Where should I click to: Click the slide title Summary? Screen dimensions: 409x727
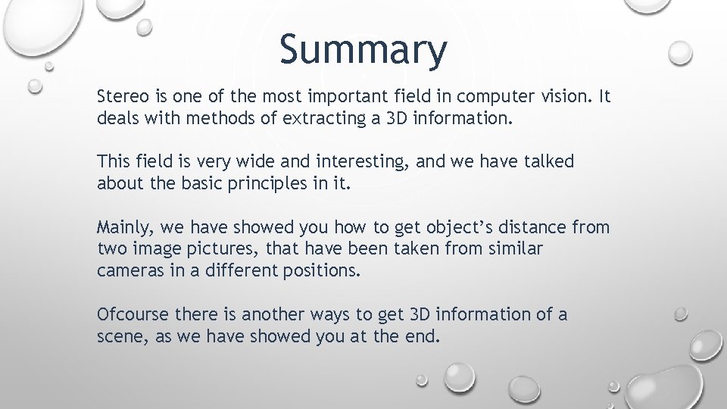[363, 50]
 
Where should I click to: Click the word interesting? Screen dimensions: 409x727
[342, 162]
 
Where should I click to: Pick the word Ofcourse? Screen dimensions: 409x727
[133, 314]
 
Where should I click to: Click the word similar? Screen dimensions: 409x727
[515, 249]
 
